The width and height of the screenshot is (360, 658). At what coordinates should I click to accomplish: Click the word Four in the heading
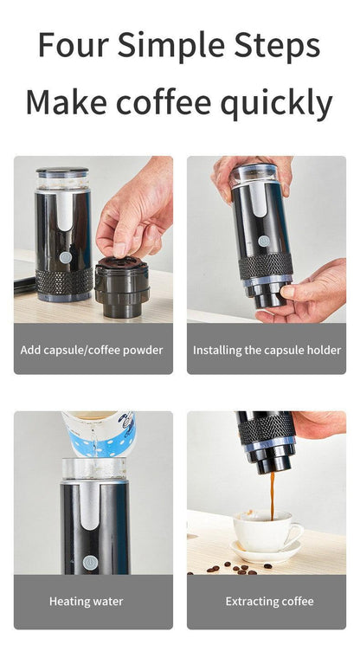74,44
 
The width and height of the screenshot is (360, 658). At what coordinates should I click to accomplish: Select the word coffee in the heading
164,102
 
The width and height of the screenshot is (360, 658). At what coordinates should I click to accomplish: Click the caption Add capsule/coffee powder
92,350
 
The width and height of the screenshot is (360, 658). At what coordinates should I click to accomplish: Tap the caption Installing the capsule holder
267,350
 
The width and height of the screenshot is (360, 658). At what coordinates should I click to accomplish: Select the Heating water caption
86,602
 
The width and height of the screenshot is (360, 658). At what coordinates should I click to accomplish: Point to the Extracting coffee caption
269,602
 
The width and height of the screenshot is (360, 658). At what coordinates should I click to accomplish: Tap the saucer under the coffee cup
266,551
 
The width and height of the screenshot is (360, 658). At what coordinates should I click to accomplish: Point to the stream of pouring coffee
272,496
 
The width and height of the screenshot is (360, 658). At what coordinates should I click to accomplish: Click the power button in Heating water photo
90,562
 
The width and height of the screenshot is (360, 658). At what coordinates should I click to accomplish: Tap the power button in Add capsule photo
66,257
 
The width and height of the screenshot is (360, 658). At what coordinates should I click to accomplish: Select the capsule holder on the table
122,287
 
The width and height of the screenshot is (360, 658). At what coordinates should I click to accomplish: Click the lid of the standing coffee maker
62,171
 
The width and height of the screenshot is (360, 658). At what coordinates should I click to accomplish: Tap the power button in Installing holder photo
264,241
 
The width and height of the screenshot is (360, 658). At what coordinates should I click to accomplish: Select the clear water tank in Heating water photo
94,468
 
